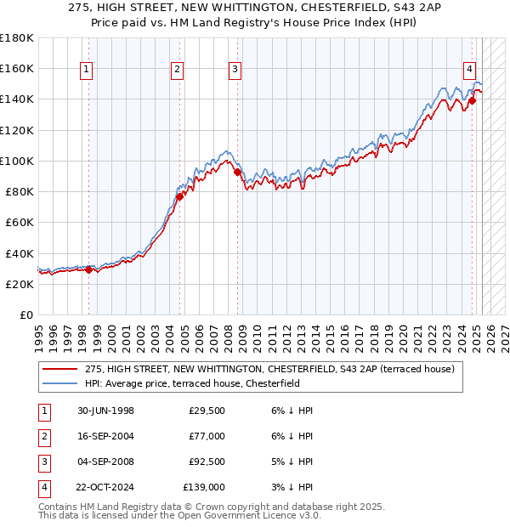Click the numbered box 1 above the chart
tap(88, 70)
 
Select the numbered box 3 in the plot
tap(235, 70)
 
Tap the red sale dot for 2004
tap(179, 196)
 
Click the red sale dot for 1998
tap(88, 269)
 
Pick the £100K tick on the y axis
tap(17, 161)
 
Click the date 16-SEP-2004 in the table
tap(105, 436)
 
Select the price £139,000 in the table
tap(204, 487)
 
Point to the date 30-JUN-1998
tap(105, 411)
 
